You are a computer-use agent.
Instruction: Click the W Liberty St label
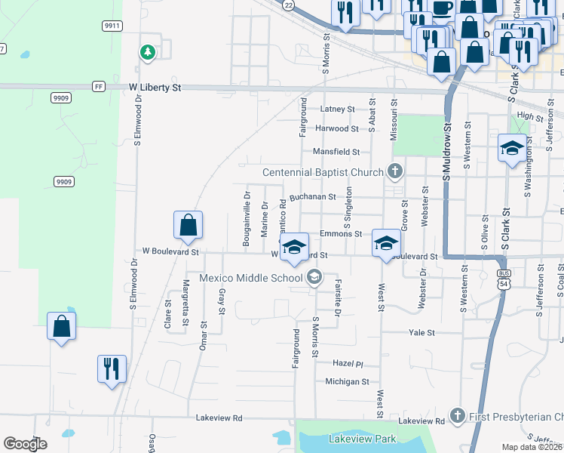(x=155, y=88)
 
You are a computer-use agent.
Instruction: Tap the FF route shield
(x=99, y=87)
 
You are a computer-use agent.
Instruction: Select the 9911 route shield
(x=112, y=26)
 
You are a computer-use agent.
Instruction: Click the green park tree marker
(x=148, y=52)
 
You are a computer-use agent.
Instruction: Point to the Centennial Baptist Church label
(x=323, y=172)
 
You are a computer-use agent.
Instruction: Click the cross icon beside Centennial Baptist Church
(x=394, y=171)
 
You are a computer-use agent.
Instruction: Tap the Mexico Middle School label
(x=250, y=278)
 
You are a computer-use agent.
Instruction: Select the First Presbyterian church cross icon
(x=456, y=416)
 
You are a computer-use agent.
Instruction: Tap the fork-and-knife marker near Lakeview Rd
(x=112, y=369)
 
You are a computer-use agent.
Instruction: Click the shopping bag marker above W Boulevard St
(x=188, y=225)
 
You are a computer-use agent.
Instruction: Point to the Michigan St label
(x=347, y=382)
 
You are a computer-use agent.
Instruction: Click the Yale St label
(x=421, y=332)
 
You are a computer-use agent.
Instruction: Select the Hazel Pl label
(x=348, y=363)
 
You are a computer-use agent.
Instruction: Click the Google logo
(x=25, y=443)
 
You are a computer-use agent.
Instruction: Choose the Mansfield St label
(x=336, y=152)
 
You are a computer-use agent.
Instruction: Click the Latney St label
(x=337, y=109)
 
